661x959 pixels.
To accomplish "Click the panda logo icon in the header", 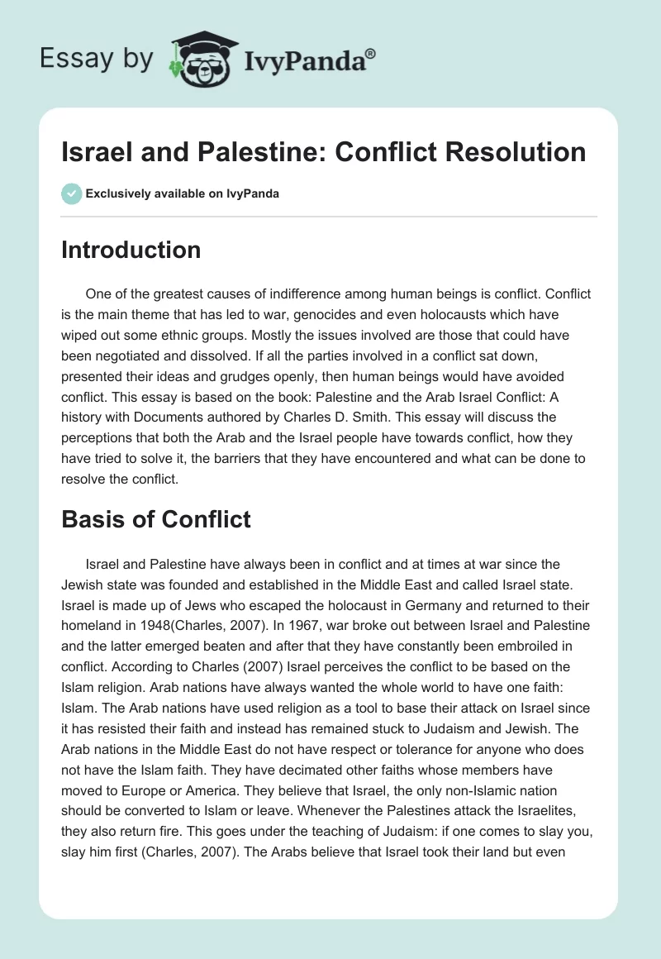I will point(200,60).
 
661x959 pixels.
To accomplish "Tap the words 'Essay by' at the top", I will point(97,60).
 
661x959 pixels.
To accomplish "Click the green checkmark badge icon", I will point(71,193).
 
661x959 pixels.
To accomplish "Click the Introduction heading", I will point(131,250).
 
